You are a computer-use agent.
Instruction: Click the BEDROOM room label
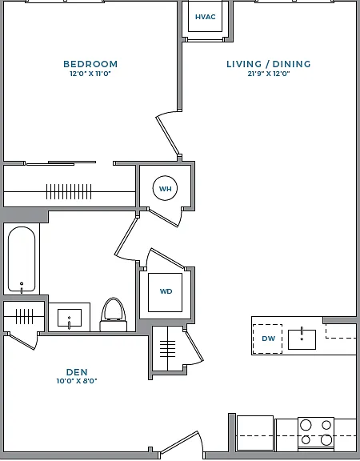tap(90, 64)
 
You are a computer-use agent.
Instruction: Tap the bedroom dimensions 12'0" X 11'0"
tap(90, 74)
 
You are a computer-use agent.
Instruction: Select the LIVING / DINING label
tap(269, 64)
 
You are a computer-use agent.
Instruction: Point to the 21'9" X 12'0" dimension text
tap(269, 74)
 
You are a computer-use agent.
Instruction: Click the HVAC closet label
tap(205, 17)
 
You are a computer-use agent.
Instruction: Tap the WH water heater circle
tap(165, 188)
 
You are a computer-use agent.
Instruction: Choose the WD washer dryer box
tap(165, 292)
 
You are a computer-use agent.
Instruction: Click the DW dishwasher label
tap(268, 339)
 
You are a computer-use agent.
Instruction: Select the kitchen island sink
tap(302, 339)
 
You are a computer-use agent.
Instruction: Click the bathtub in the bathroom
tap(22, 259)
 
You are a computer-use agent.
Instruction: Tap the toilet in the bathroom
tap(114, 315)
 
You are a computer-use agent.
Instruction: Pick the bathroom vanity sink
tap(70, 318)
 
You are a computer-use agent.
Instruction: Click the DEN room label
tap(77, 372)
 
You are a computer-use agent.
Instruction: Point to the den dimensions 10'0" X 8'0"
tap(77, 381)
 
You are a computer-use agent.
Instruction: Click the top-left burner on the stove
tap(306, 425)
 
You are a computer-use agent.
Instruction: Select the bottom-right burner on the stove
tap(326, 440)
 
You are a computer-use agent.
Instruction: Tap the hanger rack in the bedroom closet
tap(69, 192)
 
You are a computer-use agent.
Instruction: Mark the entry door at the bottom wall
tap(178, 442)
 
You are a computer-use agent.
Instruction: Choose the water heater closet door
tap(163, 217)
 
